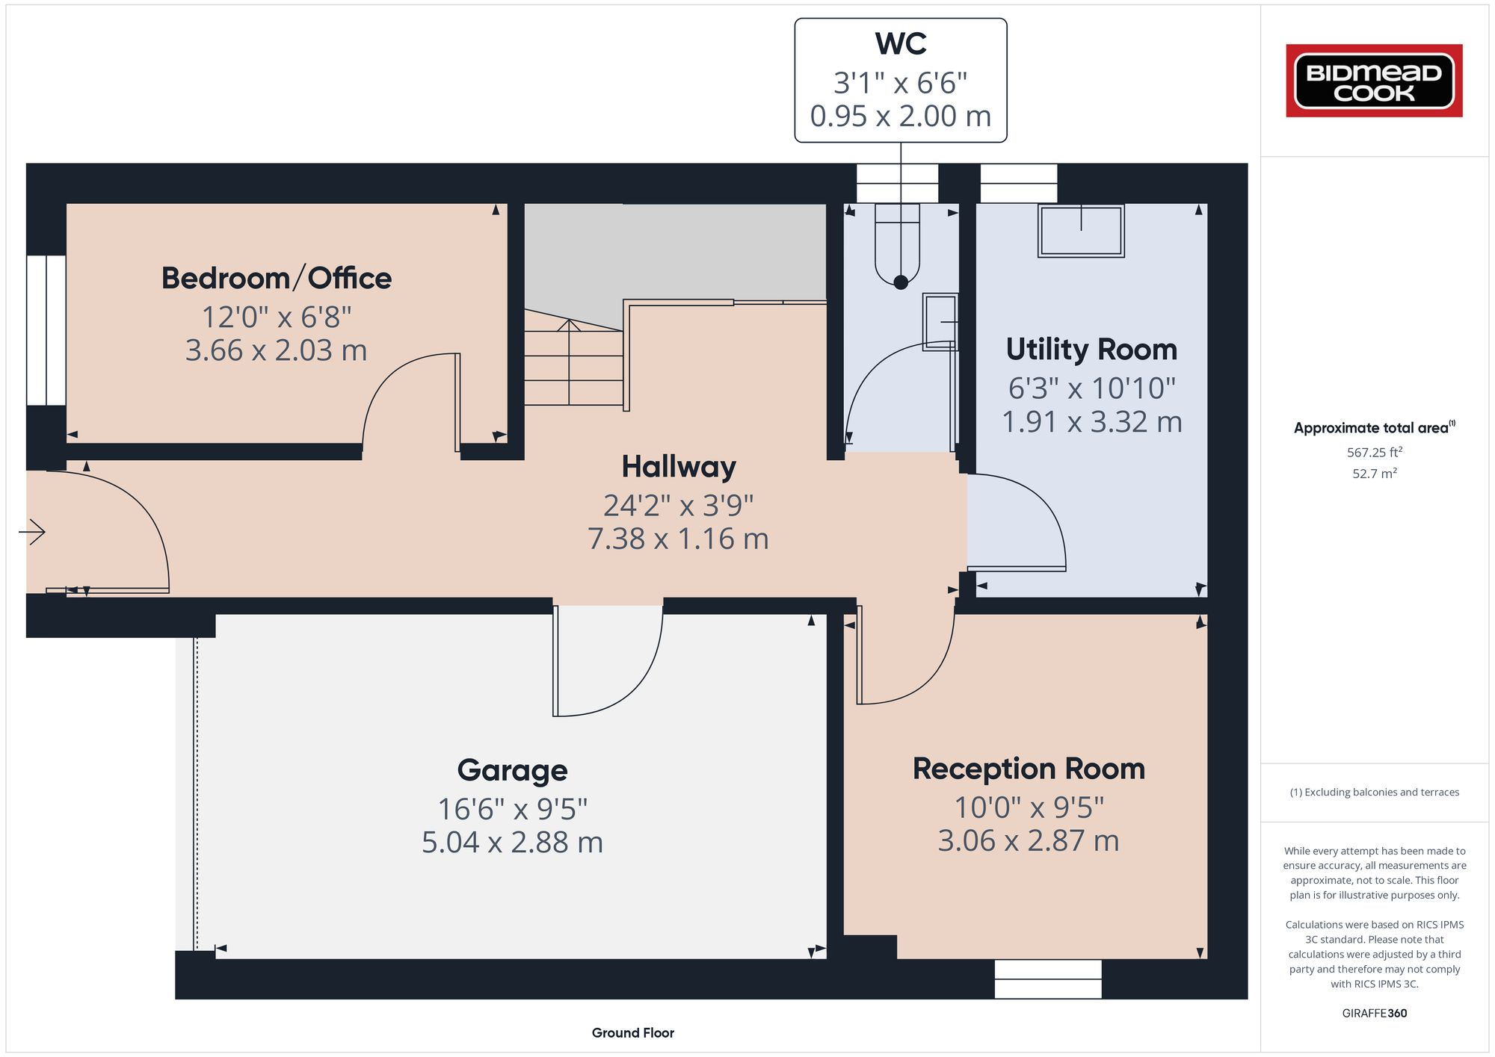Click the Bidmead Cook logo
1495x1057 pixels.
[x=1374, y=81]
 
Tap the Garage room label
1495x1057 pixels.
[x=512, y=770]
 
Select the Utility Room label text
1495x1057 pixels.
[x=1091, y=349]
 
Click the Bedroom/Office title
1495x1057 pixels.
[x=277, y=278]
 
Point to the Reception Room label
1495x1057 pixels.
[x=1029, y=769]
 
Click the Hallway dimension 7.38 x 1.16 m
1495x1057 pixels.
[x=678, y=539]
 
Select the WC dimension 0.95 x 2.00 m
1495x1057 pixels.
[x=900, y=116]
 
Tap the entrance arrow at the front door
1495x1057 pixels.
[x=33, y=532]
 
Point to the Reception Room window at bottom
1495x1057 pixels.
[x=1048, y=979]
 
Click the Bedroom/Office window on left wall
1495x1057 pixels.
[x=46, y=330]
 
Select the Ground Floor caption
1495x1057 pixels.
[x=632, y=1032]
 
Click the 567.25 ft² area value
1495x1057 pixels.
[x=1374, y=452]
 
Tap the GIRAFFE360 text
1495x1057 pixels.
[x=1374, y=1013]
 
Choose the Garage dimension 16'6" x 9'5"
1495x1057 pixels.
[x=512, y=809]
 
